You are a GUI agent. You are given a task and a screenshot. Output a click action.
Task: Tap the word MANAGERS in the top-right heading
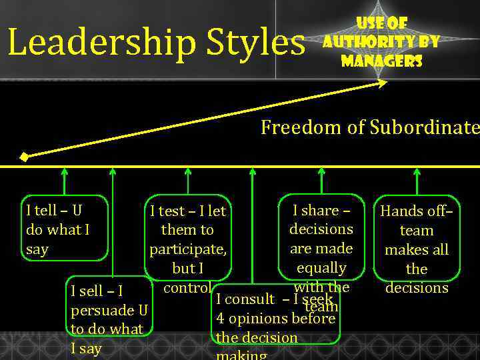[x=381, y=61]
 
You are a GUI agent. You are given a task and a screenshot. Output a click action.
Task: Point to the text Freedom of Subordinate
[x=369, y=127]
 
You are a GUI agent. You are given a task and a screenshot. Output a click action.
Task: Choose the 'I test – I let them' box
[x=188, y=239]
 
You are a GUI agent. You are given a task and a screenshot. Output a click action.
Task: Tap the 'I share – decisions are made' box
[x=321, y=239]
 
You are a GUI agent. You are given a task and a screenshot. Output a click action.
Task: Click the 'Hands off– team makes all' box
[x=417, y=245]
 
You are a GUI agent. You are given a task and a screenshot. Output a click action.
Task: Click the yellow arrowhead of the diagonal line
[x=382, y=83]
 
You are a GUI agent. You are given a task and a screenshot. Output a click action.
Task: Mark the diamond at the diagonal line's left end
[x=24, y=158]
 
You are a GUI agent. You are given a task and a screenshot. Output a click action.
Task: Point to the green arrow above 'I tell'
[x=64, y=180]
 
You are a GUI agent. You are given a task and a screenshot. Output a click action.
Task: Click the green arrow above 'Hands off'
[x=417, y=180]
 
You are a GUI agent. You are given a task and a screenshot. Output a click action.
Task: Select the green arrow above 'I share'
[x=321, y=180]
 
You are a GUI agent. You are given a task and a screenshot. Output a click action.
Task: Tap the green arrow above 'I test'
[x=188, y=180]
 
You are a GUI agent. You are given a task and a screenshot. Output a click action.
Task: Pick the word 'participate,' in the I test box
[x=188, y=249]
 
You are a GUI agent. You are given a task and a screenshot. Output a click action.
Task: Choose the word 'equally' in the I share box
[x=321, y=268]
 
